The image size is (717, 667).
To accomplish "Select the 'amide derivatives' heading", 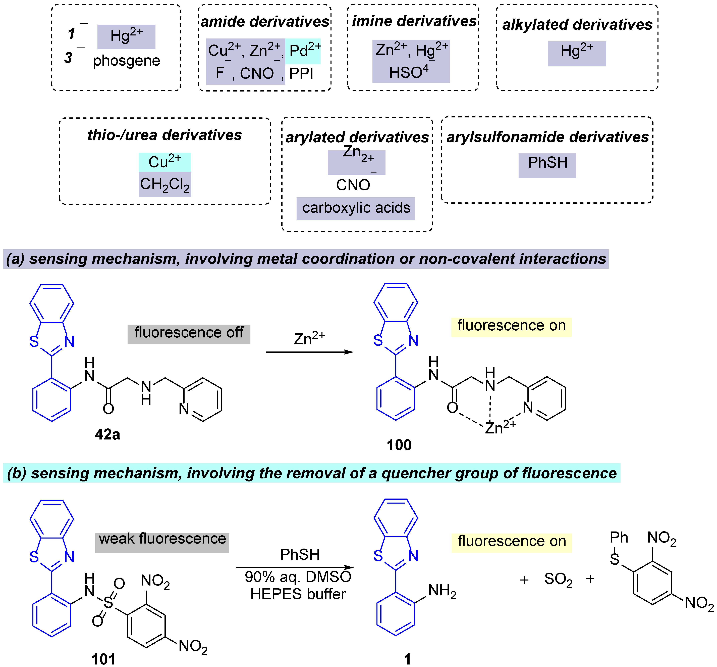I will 265,22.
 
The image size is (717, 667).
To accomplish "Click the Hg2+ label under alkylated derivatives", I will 577,51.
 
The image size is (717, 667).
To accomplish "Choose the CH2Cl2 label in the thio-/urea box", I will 165,184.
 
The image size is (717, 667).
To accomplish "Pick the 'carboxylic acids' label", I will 356,208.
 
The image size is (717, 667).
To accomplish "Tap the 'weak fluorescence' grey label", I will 162,539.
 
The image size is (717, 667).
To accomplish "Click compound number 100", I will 399,445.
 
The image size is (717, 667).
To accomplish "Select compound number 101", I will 103,659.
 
